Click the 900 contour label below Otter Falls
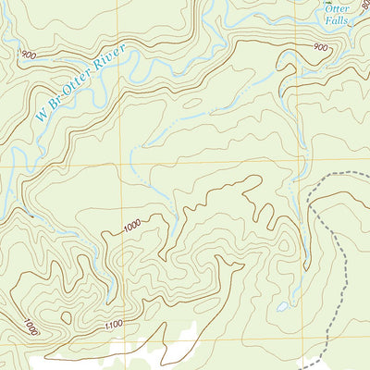point(320,47)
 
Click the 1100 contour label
point(114,326)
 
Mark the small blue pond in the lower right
point(281,306)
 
